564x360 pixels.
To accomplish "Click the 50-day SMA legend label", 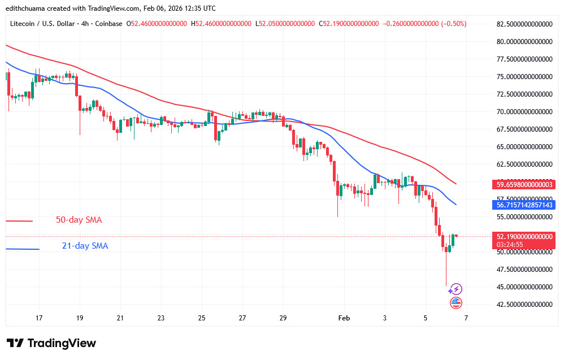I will (x=79, y=220).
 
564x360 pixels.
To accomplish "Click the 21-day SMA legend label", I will (x=85, y=246).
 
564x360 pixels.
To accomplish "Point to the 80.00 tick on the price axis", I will (x=524, y=41).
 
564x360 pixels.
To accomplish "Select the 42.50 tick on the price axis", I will (x=524, y=304).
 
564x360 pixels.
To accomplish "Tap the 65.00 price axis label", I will (x=524, y=146).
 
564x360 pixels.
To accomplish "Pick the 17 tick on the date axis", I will (x=39, y=319).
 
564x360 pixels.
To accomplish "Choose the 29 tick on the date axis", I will (x=283, y=319).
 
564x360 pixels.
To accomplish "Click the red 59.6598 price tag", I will (x=524, y=184).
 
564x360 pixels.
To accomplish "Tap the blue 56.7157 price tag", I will (x=524, y=204).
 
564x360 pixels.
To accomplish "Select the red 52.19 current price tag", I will (x=524, y=236).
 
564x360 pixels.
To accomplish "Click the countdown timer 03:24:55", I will (x=511, y=244).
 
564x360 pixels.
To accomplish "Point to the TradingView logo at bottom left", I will (x=51, y=343).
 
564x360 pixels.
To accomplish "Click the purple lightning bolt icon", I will (x=457, y=289).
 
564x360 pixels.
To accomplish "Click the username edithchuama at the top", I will (x=25, y=8).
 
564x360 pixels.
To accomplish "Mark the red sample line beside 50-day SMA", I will (x=19, y=221).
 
